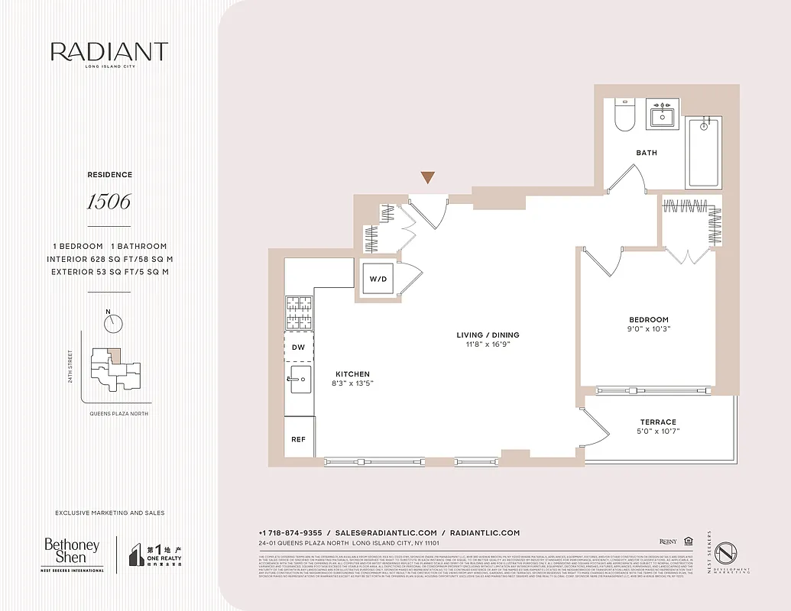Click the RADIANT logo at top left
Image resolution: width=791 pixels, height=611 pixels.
[x=109, y=52]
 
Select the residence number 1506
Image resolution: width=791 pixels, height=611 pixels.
[x=109, y=202]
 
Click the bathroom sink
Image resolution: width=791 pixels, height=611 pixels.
[x=662, y=117]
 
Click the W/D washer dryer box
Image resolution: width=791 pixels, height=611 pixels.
[x=378, y=279]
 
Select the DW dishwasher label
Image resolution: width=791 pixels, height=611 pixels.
[x=298, y=347]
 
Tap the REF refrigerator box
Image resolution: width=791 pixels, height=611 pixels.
[x=298, y=440]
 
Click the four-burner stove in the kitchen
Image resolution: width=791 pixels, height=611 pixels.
[x=299, y=312]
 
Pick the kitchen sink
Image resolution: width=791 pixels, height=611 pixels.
[x=299, y=377]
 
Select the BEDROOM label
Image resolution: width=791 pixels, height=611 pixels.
[x=649, y=320]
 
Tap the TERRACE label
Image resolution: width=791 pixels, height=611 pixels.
[x=658, y=422]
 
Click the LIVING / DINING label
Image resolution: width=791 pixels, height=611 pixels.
[x=488, y=335]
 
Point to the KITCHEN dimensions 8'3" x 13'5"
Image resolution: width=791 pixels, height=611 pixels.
[x=352, y=383]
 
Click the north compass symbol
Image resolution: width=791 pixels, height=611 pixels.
[x=112, y=322]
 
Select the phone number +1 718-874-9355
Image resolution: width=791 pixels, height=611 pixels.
[x=290, y=532]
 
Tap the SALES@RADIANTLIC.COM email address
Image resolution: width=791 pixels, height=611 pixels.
[x=386, y=532]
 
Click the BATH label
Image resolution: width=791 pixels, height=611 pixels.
[x=647, y=153]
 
